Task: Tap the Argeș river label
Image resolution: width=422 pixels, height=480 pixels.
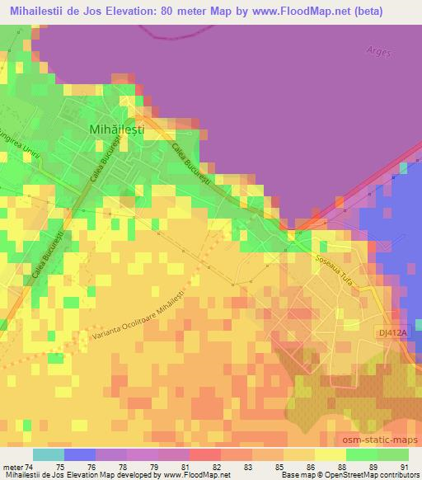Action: (x=377, y=51)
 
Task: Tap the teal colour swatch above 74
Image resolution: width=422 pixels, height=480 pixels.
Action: (x=49, y=454)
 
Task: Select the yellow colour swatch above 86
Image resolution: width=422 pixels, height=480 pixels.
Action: (x=299, y=454)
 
